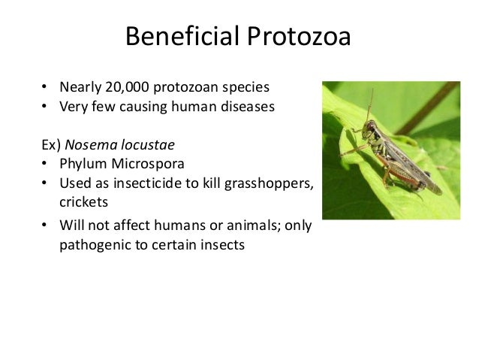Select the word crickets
[84, 203]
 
